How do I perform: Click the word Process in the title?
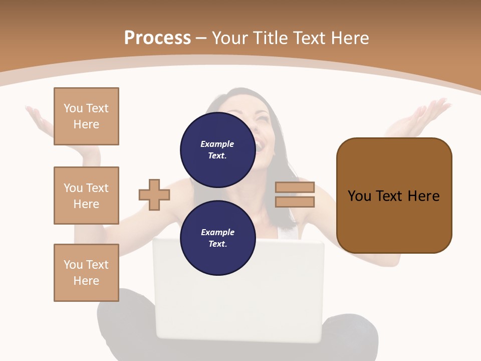(x=157, y=38)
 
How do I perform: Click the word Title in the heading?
(x=271, y=38)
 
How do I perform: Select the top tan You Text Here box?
(x=86, y=116)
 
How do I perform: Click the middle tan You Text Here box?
(x=86, y=196)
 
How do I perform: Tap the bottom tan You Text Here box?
(x=86, y=273)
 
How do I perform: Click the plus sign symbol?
(x=154, y=195)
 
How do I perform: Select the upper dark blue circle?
(x=217, y=149)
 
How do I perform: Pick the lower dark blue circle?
(x=217, y=238)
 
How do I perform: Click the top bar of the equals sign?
(x=295, y=188)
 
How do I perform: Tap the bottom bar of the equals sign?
(x=295, y=202)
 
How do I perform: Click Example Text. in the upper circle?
(x=217, y=149)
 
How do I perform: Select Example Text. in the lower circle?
(x=217, y=238)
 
